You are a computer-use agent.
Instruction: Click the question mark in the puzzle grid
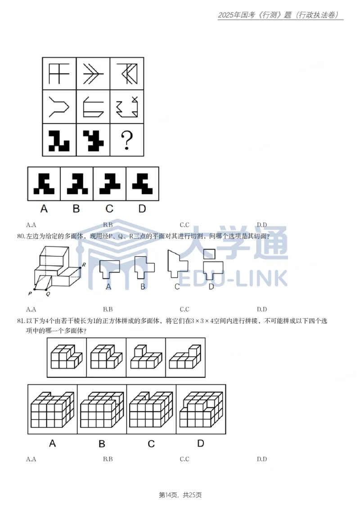point(127,140)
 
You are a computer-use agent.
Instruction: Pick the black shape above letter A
point(44,184)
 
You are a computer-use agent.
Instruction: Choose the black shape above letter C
point(109,184)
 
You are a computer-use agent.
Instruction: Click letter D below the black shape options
point(142,209)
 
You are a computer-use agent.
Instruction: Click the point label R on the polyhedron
point(83,265)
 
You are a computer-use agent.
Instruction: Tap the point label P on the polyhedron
point(30,293)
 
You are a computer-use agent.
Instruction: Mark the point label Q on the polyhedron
point(48,293)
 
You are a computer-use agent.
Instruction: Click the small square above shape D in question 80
point(209,254)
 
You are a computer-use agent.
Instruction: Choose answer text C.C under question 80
point(184,309)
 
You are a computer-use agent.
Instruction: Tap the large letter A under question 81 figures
point(53,443)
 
